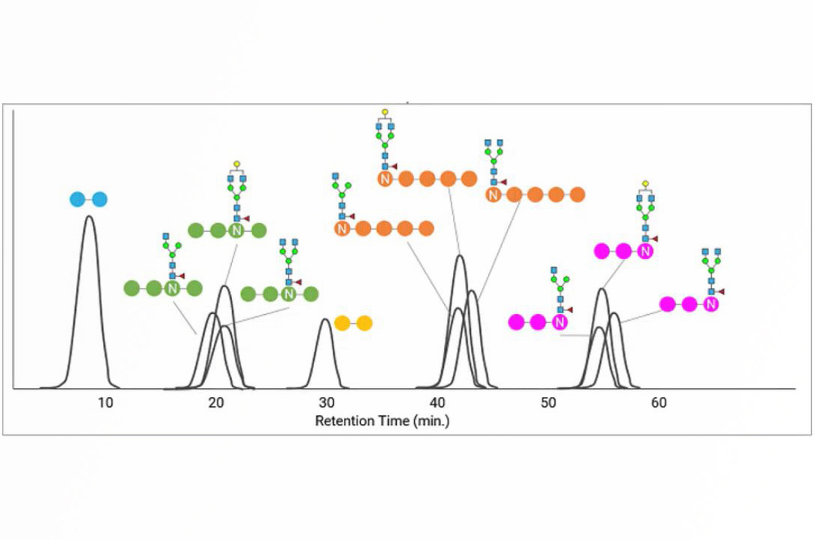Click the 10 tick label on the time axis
tap(105, 403)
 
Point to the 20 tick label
tap(216, 403)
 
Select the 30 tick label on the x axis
tap(327, 403)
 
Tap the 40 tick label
tap(437, 403)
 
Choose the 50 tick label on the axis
tap(548, 403)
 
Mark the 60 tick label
tap(659, 403)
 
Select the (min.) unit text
tap(431, 421)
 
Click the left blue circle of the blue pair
tap(77, 199)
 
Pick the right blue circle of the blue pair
tap(100, 199)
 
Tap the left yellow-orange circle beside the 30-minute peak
tap(342, 323)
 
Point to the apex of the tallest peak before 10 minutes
tap(89, 217)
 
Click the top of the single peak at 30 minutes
tap(325, 319)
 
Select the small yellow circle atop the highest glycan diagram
tap(385, 112)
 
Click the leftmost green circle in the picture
tap(131, 289)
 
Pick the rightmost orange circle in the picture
tap(577, 195)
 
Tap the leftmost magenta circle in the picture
tap(516, 322)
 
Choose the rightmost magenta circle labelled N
tap(711, 304)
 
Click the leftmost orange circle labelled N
tap(342, 229)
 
